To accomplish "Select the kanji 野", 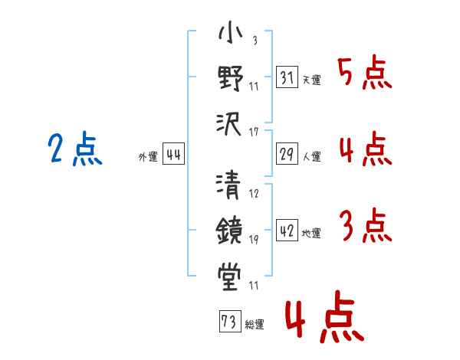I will (x=230, y=78).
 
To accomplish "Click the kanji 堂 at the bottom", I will (x=230, y=273).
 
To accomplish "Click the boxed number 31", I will (x=286, y=77).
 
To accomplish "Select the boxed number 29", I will (x=286, y=155).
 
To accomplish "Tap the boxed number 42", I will (x=286, y=231).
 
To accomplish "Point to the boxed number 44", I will (x=173, y=155).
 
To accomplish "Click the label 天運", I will (x=311, y=80).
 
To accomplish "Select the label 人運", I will (x=311, y=157).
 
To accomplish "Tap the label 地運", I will (x=311, y=234).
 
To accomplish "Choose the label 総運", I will (x=255, y=325).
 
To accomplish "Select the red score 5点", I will (x=364, y=74).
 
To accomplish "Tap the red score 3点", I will (x=364, y=227).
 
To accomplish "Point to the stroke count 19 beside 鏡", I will (x=255, y=240).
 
